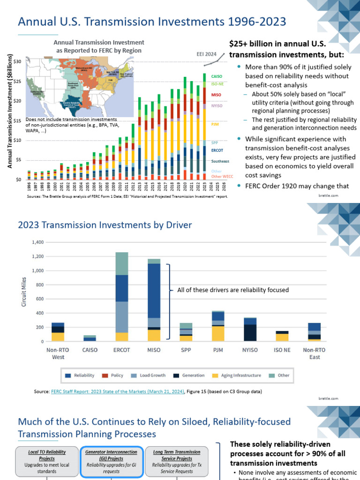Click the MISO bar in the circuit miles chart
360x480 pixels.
click(x=154, y=300)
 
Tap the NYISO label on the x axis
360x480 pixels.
click(x=250, y=350)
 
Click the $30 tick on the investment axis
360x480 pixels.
click(x=17, y=61)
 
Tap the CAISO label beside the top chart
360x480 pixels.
click(x=217, y=76)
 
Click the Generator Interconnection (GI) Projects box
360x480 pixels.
click(x=111, y=461)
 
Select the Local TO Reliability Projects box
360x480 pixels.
click(x=47, y=461)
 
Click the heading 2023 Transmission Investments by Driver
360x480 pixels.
click(x=105, y=225)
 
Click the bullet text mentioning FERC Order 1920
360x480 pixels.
click(x=297, y=186)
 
